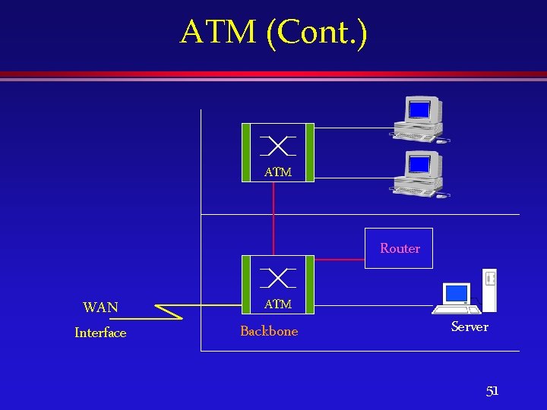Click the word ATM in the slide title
(219, 33)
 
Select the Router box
(399, 248)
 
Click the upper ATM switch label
(278, 172)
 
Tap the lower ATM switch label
(278, 304)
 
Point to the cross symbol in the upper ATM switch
(277, 145)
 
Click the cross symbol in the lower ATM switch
(277, 278)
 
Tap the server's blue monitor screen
(457, 293)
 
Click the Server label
(470, 326)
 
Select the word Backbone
(269, 331)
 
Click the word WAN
(100, 307)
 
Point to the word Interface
(100, 333)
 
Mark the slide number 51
(492, 391)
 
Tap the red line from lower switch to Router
(339, 260)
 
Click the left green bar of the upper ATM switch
(245, 152)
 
